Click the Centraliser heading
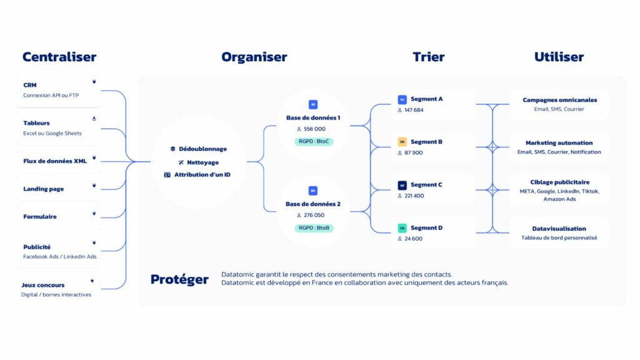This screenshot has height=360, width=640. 59,57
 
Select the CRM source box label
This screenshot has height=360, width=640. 29,85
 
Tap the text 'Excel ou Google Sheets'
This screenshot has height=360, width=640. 52,133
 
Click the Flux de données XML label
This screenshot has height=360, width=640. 55,161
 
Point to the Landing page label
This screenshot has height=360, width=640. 43,189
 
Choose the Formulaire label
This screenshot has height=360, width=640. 40,216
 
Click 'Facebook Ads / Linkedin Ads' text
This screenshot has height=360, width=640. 60,256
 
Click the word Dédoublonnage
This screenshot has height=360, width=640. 202,149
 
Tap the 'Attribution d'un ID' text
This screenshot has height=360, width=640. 202,174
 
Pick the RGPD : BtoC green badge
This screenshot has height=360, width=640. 314,142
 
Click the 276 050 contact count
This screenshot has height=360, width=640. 314,215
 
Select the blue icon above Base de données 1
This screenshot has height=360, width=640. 313,104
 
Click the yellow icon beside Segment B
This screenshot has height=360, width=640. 402,142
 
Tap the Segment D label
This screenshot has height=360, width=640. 426,227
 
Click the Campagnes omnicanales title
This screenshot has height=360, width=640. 559,99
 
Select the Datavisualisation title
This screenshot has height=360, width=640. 559,228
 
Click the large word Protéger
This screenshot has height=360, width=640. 179,279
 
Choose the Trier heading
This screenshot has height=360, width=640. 428,57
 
